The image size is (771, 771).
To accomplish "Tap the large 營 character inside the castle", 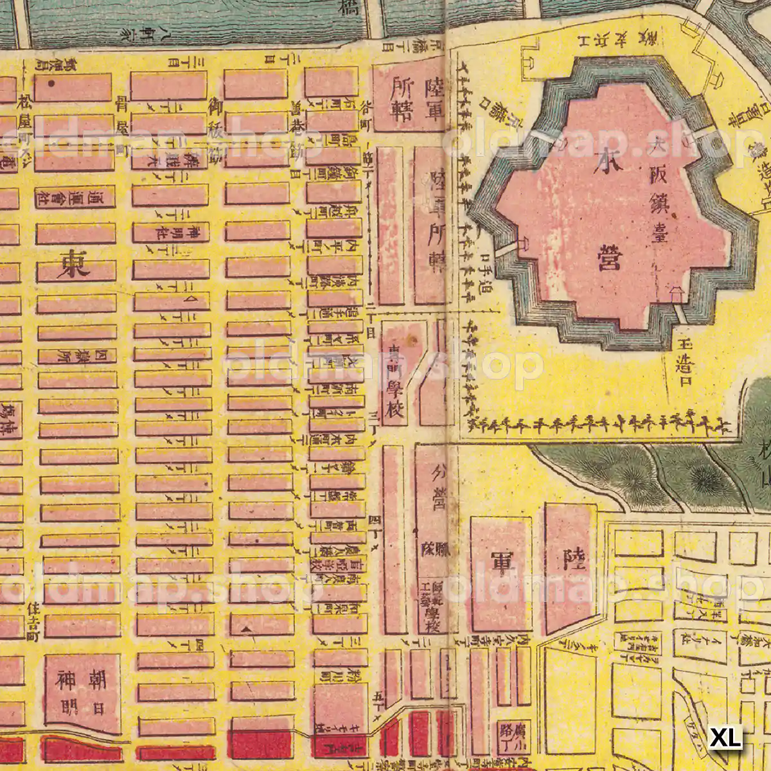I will (x=608, y=253).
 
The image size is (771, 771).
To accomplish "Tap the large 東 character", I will (x=75, y=264).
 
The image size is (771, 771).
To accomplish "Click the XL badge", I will (x=725, y=737).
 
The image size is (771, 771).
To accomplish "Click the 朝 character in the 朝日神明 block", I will (x=98, y=678).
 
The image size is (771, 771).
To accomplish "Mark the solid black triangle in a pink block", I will (x=244, y=630).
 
